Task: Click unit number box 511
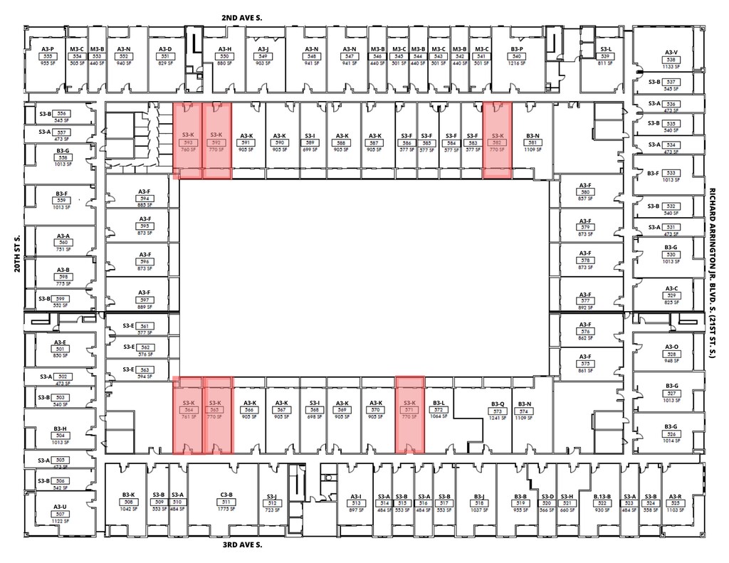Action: (227, 502)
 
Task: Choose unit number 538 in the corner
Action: (670, 60)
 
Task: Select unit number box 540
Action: (517, 56)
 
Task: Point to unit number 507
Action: (60, 514)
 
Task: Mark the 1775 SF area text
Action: (227, 509)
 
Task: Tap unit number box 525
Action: (675, 503)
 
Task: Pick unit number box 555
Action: (48, 56)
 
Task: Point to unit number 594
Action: (145, 199)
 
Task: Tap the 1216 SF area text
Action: (517, 63)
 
